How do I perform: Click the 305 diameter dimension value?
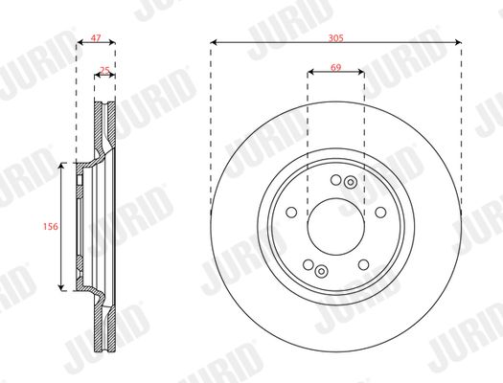pos(336,38)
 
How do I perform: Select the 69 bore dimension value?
pos(335,68)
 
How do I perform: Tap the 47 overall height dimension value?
pos(96,38)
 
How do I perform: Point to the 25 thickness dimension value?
pos(104,70)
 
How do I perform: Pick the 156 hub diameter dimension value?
pos(51,226)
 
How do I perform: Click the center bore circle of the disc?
pos(336,227)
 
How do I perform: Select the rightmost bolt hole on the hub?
pos(380,213)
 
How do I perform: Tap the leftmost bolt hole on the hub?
pos(291,213)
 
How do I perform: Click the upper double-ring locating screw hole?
pos(351,182)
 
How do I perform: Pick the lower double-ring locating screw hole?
pos(321,272)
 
